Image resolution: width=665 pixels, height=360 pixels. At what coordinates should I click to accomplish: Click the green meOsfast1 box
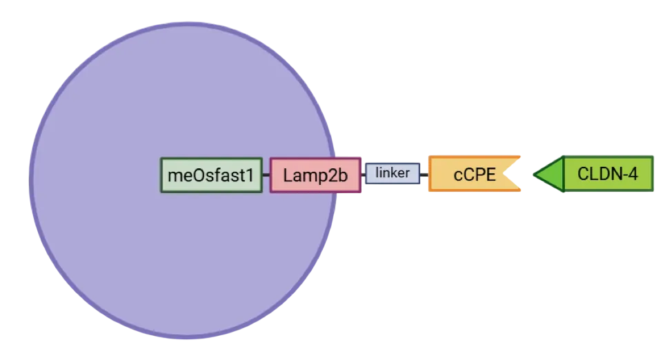[211, 175]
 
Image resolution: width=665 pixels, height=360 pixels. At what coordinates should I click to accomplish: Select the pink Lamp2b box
[315, 175]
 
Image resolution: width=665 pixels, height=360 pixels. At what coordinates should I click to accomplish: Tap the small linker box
[392, 173]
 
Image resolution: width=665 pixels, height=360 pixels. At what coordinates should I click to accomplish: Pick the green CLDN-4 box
[607, 174]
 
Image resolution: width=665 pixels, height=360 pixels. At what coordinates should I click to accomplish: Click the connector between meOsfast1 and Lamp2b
[266, 175]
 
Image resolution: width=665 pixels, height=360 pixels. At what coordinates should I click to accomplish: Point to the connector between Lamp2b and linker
[364, 174]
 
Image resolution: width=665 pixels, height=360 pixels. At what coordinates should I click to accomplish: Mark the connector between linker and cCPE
[424, 174]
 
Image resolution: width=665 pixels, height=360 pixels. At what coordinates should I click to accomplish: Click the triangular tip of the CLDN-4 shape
[540, 174]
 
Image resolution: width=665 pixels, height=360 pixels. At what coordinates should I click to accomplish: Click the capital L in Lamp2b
[287, 175]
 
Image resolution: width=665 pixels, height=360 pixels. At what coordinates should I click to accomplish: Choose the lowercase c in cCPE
[457, 175]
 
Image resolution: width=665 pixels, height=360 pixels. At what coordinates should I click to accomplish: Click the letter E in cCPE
[489, 174]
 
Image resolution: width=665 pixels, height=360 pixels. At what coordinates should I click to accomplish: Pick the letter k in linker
[395, 172]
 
